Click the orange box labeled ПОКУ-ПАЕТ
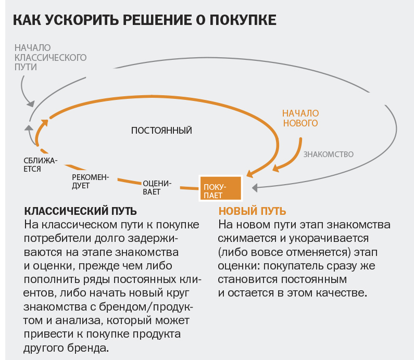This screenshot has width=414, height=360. click(x=220, y=188)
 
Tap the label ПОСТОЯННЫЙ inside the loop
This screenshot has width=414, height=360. click(x=161, y=131)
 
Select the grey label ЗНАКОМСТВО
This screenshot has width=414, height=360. click(x=328, y=155)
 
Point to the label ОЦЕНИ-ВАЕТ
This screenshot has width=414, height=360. click(x=157, y=187)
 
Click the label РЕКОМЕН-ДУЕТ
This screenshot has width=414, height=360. click(x=90, y=181)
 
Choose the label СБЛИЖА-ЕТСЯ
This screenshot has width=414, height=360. click(x=41, y=164)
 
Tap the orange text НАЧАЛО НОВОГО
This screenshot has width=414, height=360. click(x=300, y=118)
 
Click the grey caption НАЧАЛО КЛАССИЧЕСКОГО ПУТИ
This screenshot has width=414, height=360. click(x=51, y=57)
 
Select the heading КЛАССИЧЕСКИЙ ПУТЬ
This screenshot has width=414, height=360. click(x=81, y=211)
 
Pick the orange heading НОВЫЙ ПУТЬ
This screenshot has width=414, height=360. click(x=252, y=211)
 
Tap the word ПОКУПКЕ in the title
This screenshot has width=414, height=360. click(x=243, y=20)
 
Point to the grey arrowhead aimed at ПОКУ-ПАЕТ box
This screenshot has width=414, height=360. click(x=255, y=188)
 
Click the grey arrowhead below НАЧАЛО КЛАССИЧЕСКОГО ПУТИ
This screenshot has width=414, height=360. click(x=31, y=104)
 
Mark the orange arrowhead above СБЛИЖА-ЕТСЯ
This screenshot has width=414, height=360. click(x=45, y=123)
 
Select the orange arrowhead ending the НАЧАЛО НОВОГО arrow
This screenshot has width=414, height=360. click(x=276, y=168)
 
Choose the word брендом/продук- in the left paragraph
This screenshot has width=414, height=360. click(x=146, y=307)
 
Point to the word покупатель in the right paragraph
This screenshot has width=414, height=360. click(x=294, y=266)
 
